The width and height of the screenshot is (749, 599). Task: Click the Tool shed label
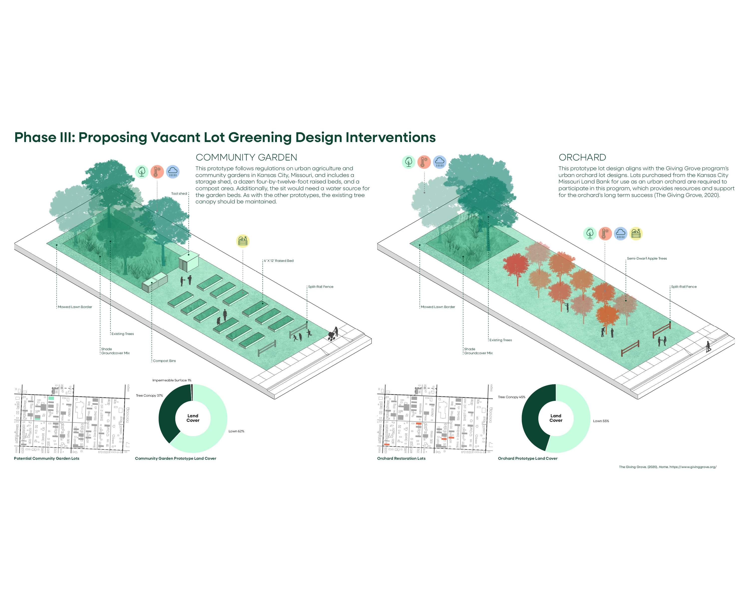[x=179, y=194]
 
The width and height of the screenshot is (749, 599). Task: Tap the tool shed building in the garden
[x=189, y=263]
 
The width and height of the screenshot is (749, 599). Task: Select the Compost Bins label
[x=164, y=361]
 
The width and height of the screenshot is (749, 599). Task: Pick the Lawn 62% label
[x=236, y=431]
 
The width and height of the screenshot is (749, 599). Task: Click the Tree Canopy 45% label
[x=511, y=397]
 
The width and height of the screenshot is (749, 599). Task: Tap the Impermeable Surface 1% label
[x=172, y=380]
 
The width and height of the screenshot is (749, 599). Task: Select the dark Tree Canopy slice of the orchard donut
[x=532, y=417]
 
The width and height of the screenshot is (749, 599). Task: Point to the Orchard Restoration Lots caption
[x=401, y=458]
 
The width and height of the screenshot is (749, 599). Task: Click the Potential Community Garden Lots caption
[x=46, y=458]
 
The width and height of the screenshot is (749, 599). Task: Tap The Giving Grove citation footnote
[x=667, y=467]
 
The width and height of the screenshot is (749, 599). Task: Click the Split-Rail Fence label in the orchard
[x=684, y=287]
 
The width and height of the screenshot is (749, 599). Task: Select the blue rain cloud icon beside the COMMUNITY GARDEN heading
[x=173, y=171]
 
